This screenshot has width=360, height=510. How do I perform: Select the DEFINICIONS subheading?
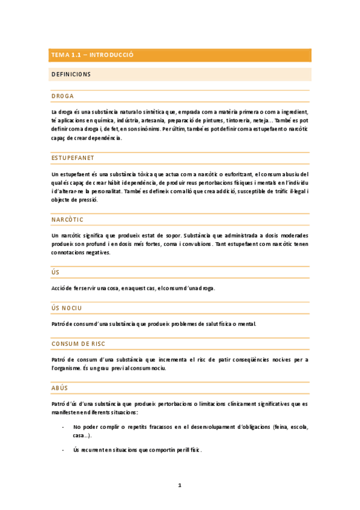click(x=71, y=75)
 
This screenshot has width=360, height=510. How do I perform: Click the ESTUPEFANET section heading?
click(x=73, y=158)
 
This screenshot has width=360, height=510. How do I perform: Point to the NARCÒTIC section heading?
click(x=67, y=220)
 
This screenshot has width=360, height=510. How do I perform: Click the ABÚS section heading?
click(x=61, y=388)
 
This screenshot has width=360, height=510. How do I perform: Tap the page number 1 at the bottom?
click(x=180, y=485)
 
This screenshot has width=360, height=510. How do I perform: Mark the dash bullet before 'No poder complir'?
click(x=63, y=427)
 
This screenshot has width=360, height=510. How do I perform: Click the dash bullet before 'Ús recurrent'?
click(x=63, y=450)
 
